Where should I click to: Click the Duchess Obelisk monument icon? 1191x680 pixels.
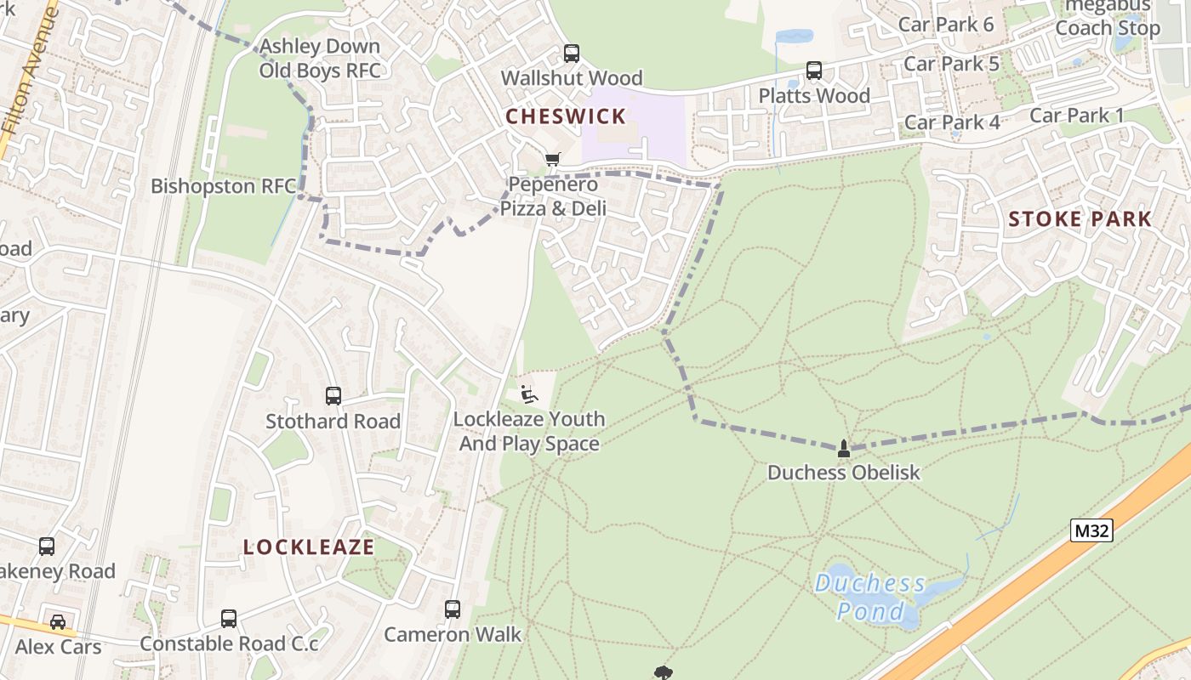844,448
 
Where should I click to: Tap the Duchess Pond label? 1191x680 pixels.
870,597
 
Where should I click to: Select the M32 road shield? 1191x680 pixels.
1091,531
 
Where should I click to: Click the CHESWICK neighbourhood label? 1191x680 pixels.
566,116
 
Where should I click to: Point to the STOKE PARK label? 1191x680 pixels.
1080,219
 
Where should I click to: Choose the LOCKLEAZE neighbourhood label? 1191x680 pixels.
309,547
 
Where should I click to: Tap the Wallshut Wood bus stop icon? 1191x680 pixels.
572,54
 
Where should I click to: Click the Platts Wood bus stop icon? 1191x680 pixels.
814,71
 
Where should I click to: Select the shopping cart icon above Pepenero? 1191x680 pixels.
553,159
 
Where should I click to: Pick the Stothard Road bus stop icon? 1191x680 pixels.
333,396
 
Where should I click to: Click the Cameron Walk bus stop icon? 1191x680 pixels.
453,609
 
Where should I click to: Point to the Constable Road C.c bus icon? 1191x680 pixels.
229,619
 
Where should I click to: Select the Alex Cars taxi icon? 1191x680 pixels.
58,622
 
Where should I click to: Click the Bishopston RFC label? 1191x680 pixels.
223,186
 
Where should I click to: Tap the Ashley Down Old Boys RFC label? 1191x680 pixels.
320,59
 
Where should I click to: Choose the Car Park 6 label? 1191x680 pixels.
946,25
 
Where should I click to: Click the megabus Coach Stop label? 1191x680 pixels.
1107,18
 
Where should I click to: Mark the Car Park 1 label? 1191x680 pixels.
1076,116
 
